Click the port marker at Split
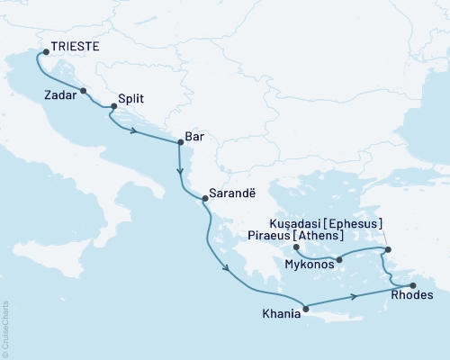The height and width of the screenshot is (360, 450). click(x=113, y=107)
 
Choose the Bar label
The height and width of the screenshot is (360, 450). click(x=194, y=136)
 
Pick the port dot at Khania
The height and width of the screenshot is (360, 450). click(x=306, y=310)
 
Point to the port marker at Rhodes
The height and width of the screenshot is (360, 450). click(x=413, y=285)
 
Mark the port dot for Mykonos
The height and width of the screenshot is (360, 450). click(x=338, y=261)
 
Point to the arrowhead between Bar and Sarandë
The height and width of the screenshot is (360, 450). click(x=180, y=171)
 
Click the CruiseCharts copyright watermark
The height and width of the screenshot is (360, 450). click(x=6, y=328)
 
